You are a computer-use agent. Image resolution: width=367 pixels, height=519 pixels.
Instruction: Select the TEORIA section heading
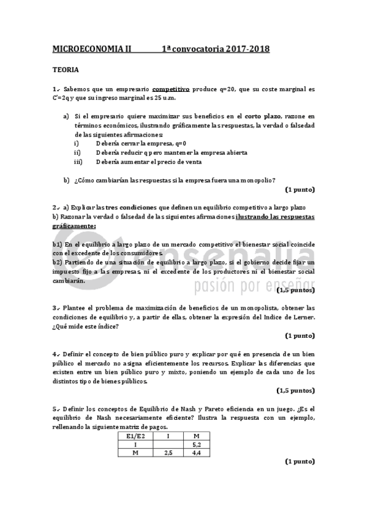pos(64,70)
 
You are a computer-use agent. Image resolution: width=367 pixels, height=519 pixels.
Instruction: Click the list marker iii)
pos(78,162)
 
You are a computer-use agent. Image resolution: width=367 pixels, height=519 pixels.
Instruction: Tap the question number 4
pos(55,354)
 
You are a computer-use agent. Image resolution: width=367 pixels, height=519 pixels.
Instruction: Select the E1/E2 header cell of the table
pos(134,436)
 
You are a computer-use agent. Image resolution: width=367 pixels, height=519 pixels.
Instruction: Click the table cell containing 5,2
pos(197,444)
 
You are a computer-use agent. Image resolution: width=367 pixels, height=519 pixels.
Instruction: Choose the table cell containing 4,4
pos(197,453)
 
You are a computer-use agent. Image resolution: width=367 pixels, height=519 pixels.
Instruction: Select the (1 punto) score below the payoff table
pos(300,462)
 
